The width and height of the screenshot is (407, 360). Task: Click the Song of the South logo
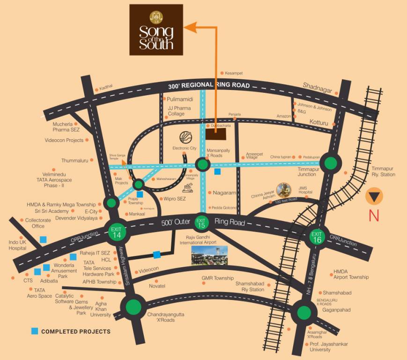[156, 30]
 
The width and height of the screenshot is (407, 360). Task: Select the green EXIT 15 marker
[201, 222]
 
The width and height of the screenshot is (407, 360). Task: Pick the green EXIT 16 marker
[317, 237]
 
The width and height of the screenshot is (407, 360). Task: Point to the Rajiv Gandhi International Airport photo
[209, 255]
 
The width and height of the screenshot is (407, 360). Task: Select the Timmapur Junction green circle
[331, 163]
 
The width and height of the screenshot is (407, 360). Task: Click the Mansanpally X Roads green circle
[203, 165]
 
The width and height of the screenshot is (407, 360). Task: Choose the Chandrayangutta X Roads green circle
[133, 307]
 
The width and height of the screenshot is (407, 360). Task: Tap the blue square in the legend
[35, 331]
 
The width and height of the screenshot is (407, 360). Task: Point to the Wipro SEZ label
[175, 199]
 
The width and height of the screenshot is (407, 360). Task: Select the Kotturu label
[320, 121]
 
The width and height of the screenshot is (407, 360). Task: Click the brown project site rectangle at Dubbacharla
[215, 134]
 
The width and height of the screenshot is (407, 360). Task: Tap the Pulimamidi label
[180, 99]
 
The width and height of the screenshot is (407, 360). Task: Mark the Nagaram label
[224, 193]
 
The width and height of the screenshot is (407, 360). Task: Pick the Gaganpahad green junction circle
[303, 311]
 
